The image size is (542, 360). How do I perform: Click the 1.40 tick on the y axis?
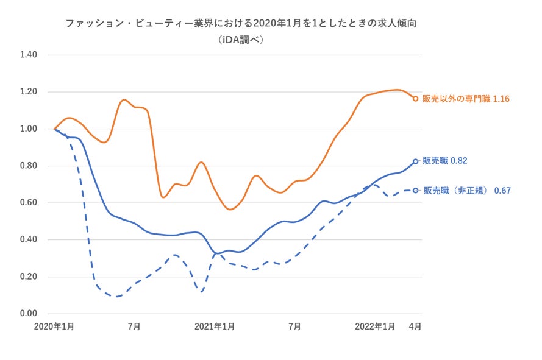click(29, 55)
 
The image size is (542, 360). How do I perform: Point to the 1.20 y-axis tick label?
click(29, 92)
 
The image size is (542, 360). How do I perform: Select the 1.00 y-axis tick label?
click(29, 129)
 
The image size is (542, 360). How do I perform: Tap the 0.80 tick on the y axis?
click(29, 166)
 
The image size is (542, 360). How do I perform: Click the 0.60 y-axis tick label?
click(29, 203)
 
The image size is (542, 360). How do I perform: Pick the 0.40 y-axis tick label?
click(29, 239)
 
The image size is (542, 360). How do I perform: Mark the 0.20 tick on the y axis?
click(29, 277)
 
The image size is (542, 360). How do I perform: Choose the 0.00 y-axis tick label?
click(29, 314)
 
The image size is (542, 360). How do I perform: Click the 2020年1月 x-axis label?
click(54, 326)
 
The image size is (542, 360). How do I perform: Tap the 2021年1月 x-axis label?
click(215, 326)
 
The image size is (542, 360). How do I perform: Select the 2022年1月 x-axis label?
click(375, 326)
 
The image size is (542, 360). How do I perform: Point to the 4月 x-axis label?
click(415, 326)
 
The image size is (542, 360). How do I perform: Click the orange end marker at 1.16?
click(415, 99)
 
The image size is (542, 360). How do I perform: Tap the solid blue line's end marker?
click(415, 161)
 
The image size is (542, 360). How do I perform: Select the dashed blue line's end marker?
click(415, 191)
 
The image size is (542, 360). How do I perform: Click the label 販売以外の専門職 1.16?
click(466, 99)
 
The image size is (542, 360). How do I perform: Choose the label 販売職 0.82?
click(445, 161)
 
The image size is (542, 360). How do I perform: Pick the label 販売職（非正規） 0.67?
click(467, 191)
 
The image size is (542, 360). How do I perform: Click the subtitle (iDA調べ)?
click(244, 40)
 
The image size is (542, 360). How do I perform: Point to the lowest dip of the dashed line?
click(116, 297)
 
